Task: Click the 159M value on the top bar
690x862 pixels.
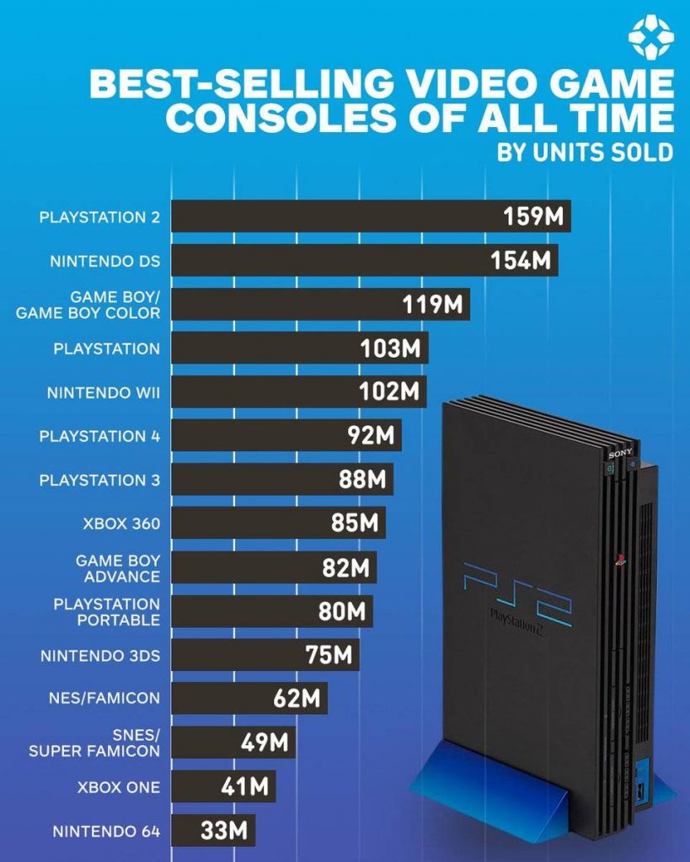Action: click(x=532, y=216)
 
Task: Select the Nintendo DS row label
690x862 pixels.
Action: click(x=104, y=261)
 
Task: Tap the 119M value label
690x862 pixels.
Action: click(x=432, y=304)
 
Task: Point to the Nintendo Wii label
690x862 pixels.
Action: click(x=103, y=392)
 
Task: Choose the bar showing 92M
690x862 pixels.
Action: click(x=286, y=436)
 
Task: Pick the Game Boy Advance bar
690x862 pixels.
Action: click(x=274, y=567)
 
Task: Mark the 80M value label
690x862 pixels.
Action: click(x=342, y=611)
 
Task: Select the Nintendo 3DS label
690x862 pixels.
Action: click(x=99, y=655)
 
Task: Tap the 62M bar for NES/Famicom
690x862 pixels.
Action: click(x=249, y=698)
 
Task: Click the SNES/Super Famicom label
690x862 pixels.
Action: click(x=94, y=742)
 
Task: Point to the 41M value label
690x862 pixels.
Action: click(x=244, y=786)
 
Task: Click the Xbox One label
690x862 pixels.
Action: click(x=118, y=787)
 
